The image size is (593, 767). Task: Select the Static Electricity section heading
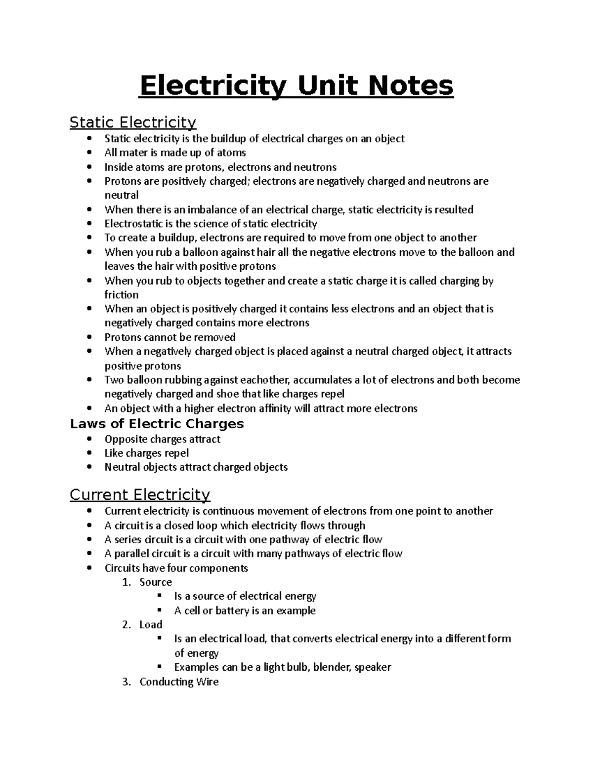[x=133, y=122]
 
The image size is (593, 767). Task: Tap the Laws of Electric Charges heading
[x=157, y=424]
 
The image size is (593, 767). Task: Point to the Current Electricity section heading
[x=140, y=494]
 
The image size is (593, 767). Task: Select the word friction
[x=122, y=295]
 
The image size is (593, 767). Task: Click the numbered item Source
[x=156, y=582]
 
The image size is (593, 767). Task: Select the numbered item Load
[x=151, y=625]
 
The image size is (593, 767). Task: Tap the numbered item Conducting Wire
[x=179, y=682]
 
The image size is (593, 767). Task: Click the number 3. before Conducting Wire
[x=127, y=682]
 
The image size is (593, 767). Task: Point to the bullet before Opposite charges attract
[x=89, y=439]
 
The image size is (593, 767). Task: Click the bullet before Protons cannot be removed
[x=89, y=337]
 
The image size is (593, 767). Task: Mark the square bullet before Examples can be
[x=159, y=666]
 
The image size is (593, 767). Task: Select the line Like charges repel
[x=146, y=453]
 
